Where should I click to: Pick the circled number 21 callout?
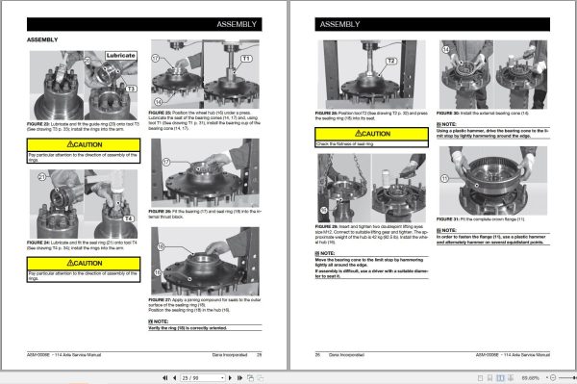[41, 178]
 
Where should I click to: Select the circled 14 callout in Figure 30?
[447, 47]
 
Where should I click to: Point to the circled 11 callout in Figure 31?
[446, 179]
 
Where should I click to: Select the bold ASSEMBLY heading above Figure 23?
[43, 40]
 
